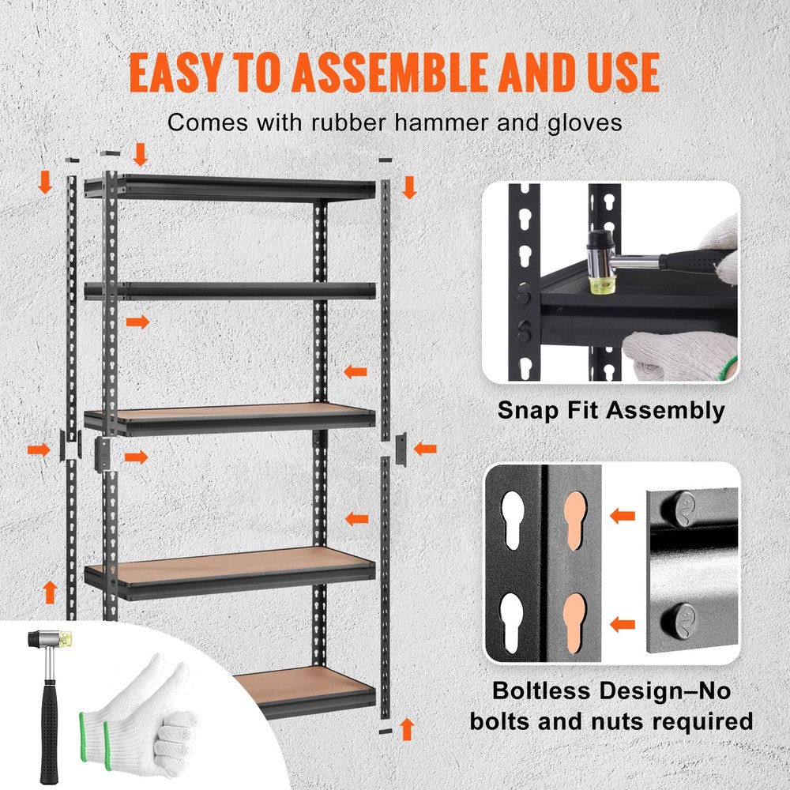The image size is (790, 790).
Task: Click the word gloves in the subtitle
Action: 581,122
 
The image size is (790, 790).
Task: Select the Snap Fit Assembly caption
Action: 611,410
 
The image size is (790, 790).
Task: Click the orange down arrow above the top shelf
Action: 141,154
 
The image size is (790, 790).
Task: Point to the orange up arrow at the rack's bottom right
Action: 407,728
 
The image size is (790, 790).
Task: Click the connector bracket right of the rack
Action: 400,450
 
